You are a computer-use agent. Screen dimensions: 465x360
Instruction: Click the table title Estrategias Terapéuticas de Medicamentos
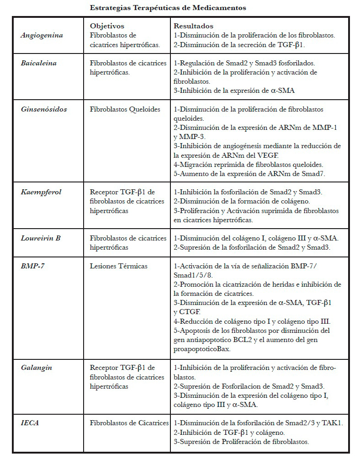click(168, 8)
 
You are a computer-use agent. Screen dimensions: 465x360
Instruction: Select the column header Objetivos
click(107, 27)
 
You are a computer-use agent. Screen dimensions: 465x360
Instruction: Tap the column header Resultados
click(193, 27)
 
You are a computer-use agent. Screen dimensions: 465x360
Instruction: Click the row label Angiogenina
click(42, 35)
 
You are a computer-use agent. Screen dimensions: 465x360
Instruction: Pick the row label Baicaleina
click(38, 63)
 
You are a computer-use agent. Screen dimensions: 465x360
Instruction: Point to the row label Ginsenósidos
click(43, 109)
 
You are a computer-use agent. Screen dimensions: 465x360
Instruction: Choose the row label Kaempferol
click(41, 192)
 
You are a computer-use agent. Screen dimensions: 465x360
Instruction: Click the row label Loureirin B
click(41, 238)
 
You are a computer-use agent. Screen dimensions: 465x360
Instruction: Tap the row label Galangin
click(36, 368)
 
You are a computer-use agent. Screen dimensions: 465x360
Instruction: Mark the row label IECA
click(30, 423)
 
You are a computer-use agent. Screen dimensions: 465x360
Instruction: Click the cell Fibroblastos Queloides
click(125, 110)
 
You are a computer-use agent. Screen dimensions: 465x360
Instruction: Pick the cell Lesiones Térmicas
click(118, 266)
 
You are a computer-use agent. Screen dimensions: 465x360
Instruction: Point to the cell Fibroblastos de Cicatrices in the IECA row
click(129, 423)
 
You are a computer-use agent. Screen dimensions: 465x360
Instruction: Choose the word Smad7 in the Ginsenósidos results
click(314, 173)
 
